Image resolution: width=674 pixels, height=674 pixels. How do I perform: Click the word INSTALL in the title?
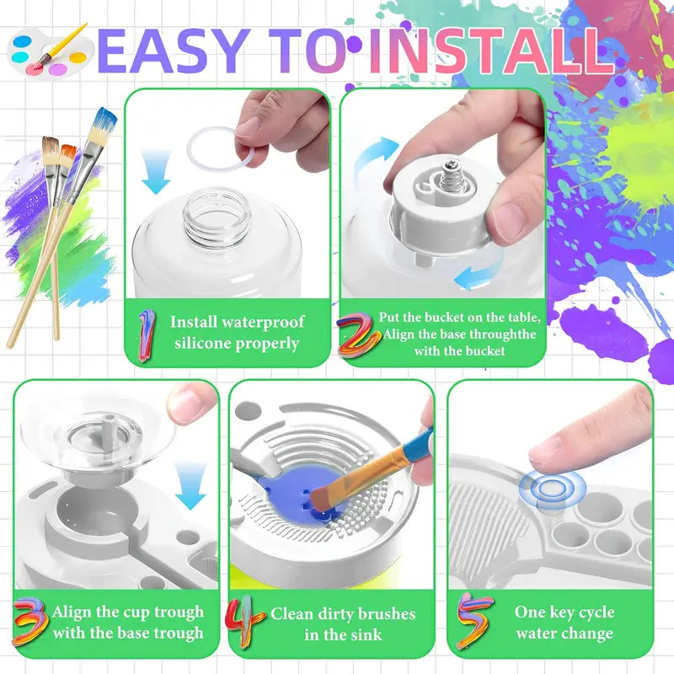pos(491,51)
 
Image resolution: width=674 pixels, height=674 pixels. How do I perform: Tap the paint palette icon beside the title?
pos(51,51)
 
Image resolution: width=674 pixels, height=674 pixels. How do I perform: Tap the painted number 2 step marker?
pos(357,335)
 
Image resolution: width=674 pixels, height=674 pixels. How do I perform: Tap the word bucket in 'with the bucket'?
pos(484,350)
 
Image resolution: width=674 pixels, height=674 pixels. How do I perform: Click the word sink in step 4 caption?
pos(365,634)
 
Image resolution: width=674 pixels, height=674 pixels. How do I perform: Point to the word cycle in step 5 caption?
pos(594,612)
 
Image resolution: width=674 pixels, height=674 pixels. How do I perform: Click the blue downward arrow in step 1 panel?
pos(156,171)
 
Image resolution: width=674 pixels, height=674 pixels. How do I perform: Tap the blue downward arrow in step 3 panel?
pos(190,486)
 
